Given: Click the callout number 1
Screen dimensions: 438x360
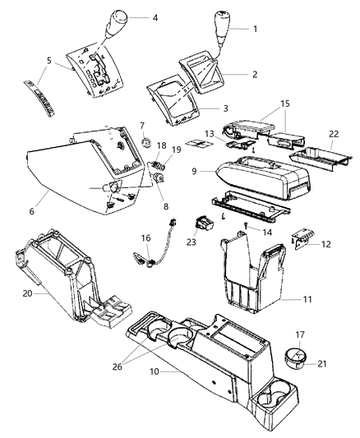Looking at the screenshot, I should pyautogui.click(x=255, y=29).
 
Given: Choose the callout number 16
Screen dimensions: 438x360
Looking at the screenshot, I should pyautogui.click(x=146, y=237).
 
